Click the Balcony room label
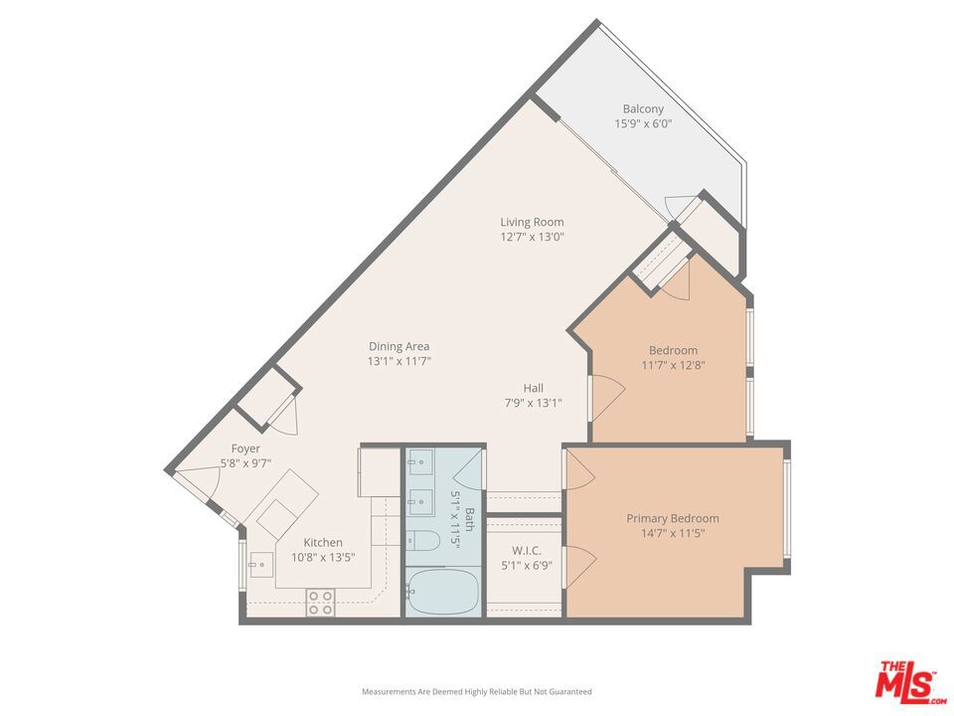click(x=643, y=109)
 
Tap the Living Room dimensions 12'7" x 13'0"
click(x=533, y=237)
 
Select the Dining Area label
click(x=399, y=346)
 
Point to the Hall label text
click(x=534, y=388)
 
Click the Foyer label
click(x=245, y=448)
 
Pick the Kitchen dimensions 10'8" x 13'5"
click(x=323, y=557)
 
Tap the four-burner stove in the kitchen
click(x=320, y=603)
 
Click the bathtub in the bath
click(x=443, y=591)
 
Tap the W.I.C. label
click(x=527, y=550)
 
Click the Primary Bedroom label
click(x=673, y=518)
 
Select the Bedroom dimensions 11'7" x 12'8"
click(x=673, y=365)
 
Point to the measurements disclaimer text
click(x=476, y=692)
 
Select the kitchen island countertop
click(x=280, y=503)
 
